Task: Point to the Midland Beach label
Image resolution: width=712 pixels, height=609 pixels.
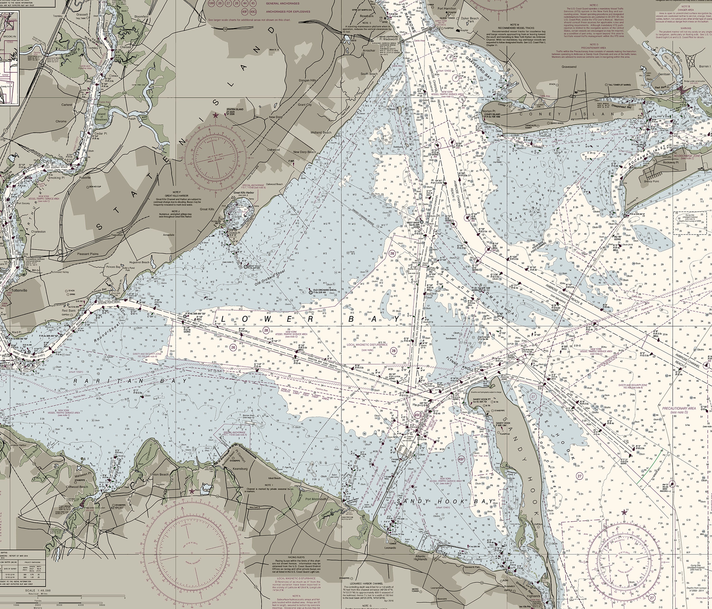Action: pyautogui.click(x=321, y=132)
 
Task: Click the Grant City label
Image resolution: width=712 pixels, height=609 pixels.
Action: pyautogui.click(x=305, y=104)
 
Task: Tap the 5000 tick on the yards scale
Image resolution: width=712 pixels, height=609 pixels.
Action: pyautogui.click(x=102, y=605)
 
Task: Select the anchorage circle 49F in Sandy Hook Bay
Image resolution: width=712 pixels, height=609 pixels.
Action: pyautogui.click(x=461, y=459)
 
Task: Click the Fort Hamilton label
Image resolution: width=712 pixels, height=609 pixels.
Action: pyautogui.click(x=447, y=8)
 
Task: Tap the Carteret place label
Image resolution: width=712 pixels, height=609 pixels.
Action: pyautogui.click(x=67, y=104)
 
